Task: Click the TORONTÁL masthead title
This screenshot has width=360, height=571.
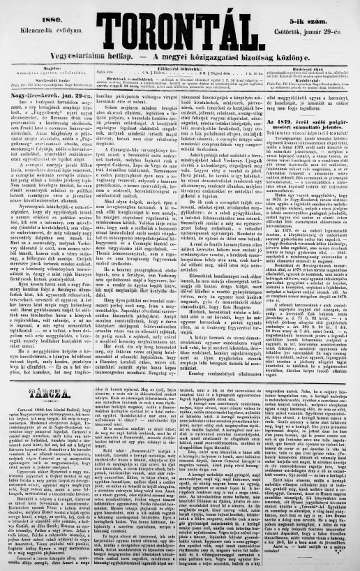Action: coord(179,34)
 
